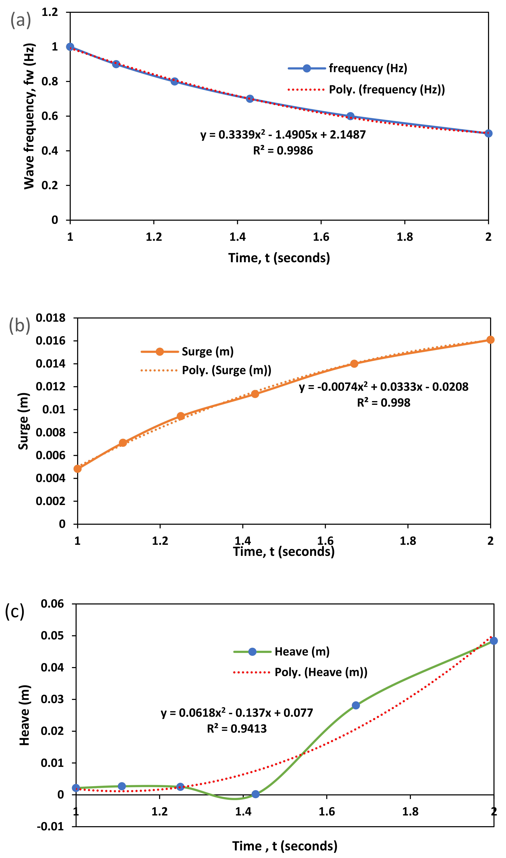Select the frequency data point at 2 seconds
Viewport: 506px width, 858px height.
coord(488,133)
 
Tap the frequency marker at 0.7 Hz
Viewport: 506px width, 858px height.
coord(250,99)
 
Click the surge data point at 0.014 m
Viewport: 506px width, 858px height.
coord(354,364)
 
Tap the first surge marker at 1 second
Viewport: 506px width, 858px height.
coord(78,469)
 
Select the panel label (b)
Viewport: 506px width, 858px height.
coord(19,325)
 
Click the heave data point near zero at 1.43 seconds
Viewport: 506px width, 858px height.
coord(255,794)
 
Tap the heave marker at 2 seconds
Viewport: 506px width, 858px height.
coord(493,641)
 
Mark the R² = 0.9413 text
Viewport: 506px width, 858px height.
coord(237,729)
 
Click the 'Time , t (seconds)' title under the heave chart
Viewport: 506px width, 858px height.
coord(285,846)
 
